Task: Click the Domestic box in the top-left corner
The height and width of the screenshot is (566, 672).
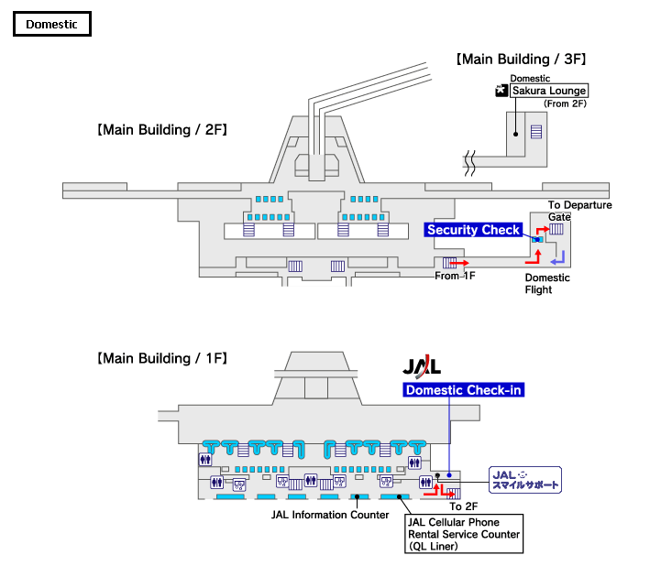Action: (x=51, y=24)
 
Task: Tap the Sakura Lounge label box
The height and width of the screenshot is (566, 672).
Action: (x=549, y=91)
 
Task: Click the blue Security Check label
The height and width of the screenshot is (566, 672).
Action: (x=473, y=230)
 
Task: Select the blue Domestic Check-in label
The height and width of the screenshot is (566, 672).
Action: (x=465, y=391)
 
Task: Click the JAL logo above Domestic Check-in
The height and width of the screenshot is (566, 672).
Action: (x=423, y=366)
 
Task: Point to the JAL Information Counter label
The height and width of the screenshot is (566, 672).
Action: (x=330, y=515)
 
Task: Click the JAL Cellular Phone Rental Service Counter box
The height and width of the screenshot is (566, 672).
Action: (x=463, y=533)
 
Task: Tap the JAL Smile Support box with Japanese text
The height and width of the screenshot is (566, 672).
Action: (x=524, y=479)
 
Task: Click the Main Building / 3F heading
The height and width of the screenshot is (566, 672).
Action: (x=520, y=60)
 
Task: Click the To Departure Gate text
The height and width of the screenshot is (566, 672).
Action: (x=579, y=211)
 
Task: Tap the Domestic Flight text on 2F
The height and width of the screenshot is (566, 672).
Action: (x=547, y=284)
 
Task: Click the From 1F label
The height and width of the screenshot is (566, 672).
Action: (x=454, y=276)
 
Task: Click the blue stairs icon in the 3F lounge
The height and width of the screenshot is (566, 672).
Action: (x=535, y=131)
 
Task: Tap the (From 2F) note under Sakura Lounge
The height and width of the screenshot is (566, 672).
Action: (x=565, y=104)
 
